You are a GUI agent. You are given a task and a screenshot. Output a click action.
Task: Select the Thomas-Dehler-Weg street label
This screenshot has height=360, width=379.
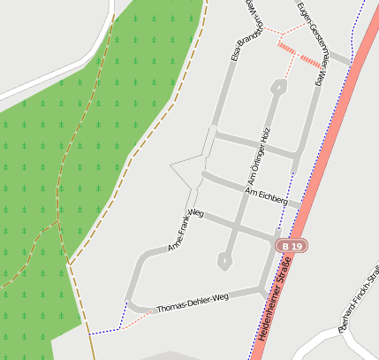coord(192,303)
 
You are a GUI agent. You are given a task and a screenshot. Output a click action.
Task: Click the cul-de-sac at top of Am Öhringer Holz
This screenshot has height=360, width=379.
coord(279,87)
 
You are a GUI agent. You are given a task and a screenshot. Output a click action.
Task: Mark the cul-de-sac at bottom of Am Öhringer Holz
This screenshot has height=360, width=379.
coord(225,261)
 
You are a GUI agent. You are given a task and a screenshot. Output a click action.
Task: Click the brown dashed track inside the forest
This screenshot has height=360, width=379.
coord(60,177)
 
